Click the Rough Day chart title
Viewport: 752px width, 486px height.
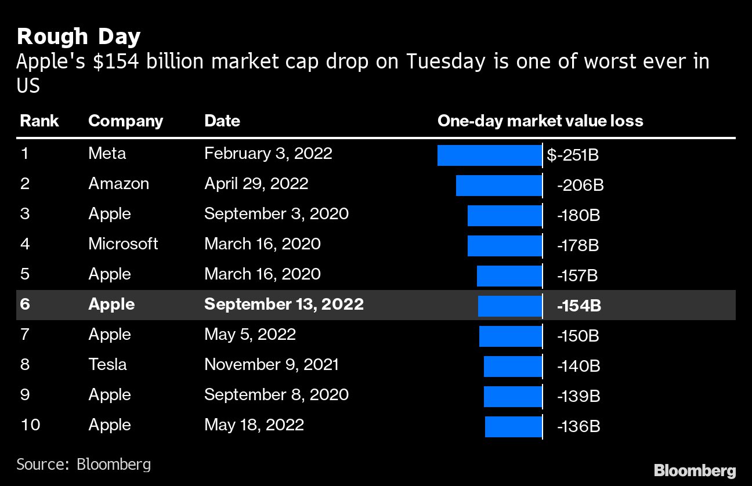[x=79, y=37]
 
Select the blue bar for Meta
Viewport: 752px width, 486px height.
[x=489, y=155]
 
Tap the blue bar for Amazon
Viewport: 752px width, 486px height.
[x=498, y=186]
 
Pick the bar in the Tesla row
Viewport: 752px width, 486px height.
[x=512, y=367]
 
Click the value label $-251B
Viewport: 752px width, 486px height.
[x=573, y=155]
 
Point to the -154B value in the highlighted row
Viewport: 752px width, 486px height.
[x=579, y=306]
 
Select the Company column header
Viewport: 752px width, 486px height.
[x=125, y=121]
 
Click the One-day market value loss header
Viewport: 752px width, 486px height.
[x=540, y=121]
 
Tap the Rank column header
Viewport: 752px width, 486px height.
[x=39, y=121]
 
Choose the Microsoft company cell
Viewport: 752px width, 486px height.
[x=123, y=244]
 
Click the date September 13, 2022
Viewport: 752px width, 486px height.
[x=284, y=304]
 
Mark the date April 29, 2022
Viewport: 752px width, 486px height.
[x=256, y=184]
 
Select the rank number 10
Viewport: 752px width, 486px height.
[x=30, y=425]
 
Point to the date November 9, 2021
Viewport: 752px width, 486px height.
[x=271, y=365]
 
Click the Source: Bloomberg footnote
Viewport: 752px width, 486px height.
[x=84, y=464]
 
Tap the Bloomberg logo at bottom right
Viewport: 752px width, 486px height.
[x=695, y=470]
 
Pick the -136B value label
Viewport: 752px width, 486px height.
[x=578, y=427]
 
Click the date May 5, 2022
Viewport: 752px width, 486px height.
[x=250, y=335]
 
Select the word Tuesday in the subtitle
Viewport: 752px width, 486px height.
[x=444, y=61]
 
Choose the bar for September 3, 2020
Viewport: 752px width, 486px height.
[x=504, y=216]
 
